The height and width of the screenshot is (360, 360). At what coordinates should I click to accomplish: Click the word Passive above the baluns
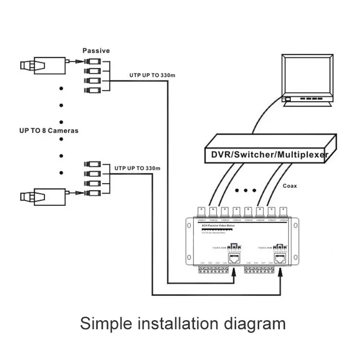[96, 50]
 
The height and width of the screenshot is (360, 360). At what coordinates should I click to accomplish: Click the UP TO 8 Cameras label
[48, 130]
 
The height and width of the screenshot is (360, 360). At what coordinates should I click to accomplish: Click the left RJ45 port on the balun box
[234, 259]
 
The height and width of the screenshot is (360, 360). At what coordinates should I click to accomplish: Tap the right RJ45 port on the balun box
[280, 259]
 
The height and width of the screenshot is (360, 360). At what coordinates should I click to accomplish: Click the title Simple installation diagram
[182, 323]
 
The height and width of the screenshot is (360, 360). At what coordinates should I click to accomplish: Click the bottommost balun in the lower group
[92, 192]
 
